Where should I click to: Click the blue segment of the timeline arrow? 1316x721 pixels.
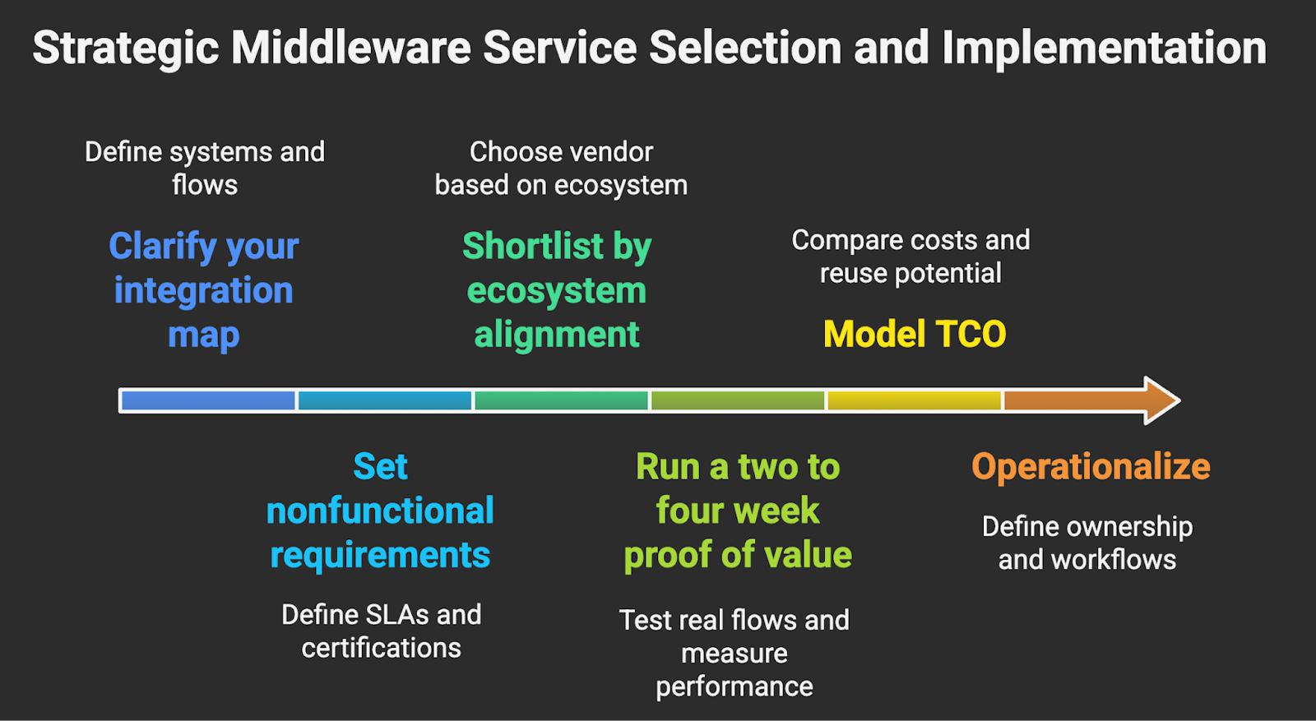point(207,400)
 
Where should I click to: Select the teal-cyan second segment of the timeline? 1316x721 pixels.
point(384,400)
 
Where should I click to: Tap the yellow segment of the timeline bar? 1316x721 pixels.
point(914,400)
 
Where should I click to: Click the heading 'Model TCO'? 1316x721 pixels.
point(914,334)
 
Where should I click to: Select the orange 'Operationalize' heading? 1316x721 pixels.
point(1091,466)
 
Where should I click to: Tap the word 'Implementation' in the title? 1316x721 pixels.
point(1104,48)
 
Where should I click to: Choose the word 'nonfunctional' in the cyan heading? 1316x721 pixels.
point(380,511)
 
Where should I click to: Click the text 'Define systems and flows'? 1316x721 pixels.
point(205,168)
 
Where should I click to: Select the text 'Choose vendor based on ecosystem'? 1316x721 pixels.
point(561,168)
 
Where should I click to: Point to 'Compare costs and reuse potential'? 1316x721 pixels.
point(911,256)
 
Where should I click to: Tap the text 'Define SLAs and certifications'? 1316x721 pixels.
point(381,631)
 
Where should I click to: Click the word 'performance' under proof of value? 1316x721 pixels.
point(734,686)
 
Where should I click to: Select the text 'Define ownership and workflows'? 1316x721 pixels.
point(1087,543)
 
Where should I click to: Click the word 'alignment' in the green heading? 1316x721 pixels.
point(557,335)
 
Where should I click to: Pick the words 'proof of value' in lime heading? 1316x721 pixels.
point(737,555)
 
